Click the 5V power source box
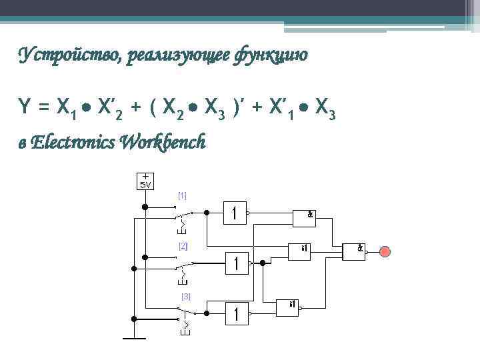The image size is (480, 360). tap(145, 181)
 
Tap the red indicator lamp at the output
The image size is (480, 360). tap(385, 251)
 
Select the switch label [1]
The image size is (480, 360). tap(182, 195)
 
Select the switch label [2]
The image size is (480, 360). tap(183, 246)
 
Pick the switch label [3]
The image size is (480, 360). tap(186, 295)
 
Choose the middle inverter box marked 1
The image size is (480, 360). tap(236, 263)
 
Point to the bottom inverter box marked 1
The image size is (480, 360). tap(236, 312)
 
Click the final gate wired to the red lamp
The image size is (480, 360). tap(353, 251)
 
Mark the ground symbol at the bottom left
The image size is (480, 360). tap(133, 337)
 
